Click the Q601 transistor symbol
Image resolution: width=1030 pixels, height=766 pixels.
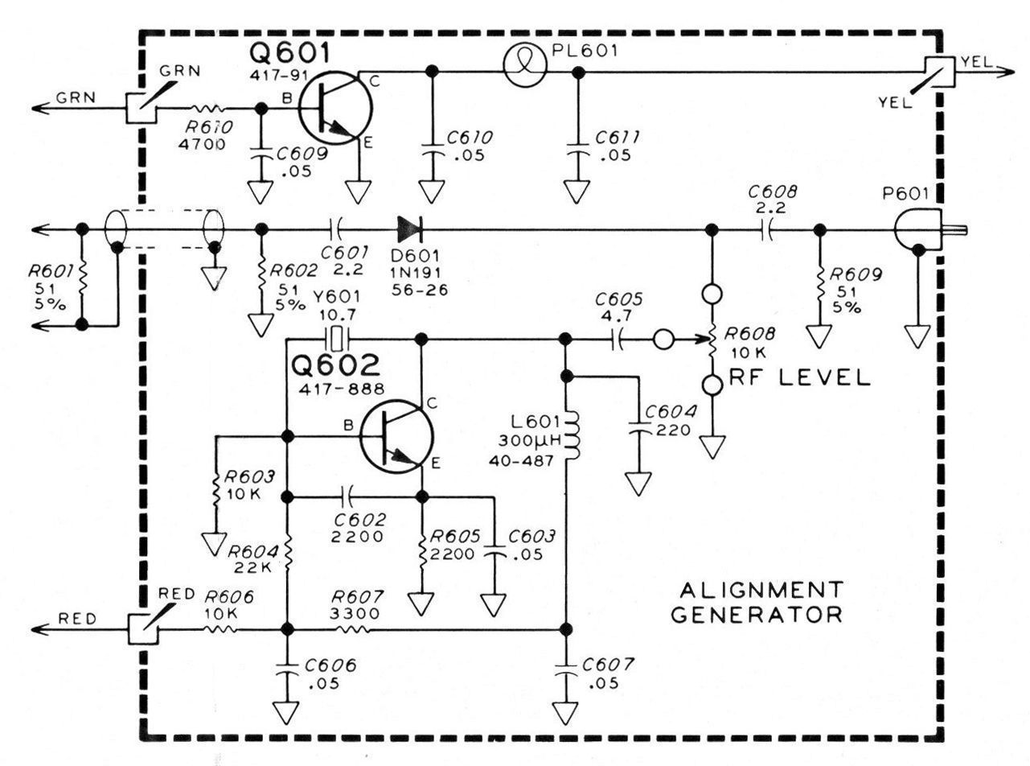tap(334, 108)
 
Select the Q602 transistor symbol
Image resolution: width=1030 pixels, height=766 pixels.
tap(396, 437)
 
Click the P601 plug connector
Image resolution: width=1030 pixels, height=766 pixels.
tap(925, 230)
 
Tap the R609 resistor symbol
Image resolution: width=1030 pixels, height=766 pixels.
tap(819, 284)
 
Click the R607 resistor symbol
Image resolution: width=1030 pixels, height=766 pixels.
tap(354, 628)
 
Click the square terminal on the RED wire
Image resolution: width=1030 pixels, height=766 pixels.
tap(144, 628)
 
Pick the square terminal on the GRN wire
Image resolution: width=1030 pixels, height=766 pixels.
tap(141, 108)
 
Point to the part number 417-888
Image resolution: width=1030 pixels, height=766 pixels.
tap(338, 389)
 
